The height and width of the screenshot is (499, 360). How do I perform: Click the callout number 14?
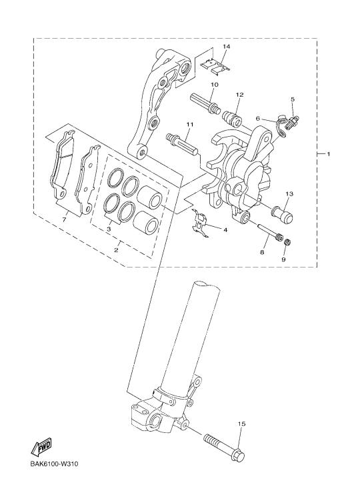pos(226,47)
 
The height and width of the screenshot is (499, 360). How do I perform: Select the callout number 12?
pos(239,95)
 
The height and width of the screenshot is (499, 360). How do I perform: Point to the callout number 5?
pos(293,99)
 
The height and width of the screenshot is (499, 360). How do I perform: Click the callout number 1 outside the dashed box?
pos(328,154)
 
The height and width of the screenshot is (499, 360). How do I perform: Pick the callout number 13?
pos(289,193)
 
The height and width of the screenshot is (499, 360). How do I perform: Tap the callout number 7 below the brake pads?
pos(64,220)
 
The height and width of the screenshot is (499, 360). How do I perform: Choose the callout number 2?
pos(116,250)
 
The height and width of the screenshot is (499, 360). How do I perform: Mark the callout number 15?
pos(242,424)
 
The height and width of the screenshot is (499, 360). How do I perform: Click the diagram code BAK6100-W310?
pos(54,464)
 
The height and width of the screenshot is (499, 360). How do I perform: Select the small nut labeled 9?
pos(287,242)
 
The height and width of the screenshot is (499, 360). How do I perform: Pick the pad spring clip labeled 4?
pos(200,223)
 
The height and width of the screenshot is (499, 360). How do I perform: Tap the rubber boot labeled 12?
pos(232,118)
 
